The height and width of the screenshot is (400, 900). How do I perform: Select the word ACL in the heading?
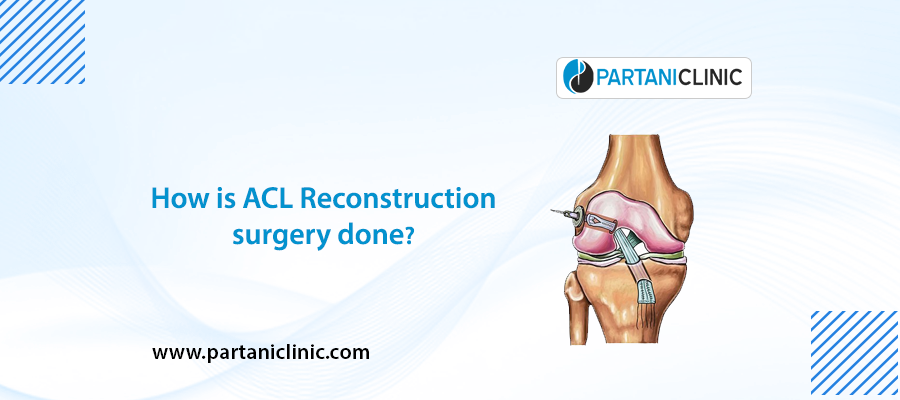point(263,198)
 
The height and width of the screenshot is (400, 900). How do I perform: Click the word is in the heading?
point(219,198)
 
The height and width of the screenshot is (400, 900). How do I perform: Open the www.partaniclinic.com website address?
point(261,352)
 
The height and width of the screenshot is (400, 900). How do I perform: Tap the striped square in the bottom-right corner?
point(854,355)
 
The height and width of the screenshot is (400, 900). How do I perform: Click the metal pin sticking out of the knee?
point(562,211)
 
